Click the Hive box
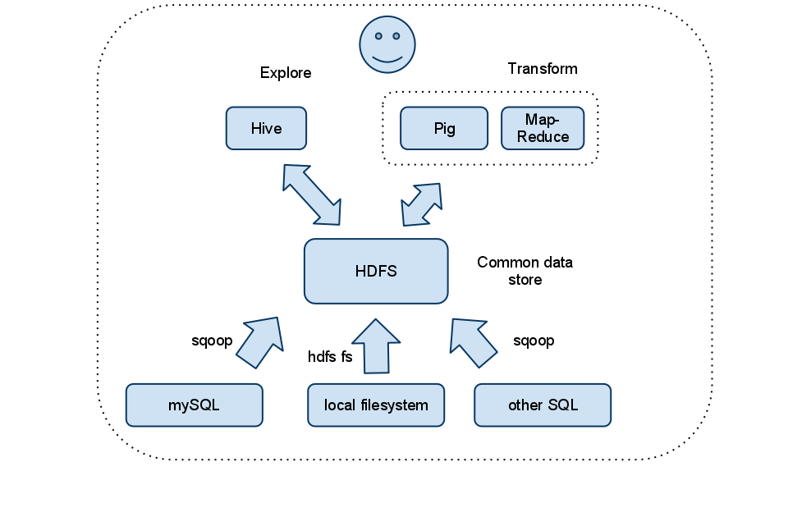[x=266, y=129]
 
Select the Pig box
[x=444, y=129]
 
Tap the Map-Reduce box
[x=543, y=129]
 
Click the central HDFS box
[x=376, y=272]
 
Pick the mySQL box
[x=195, y=405]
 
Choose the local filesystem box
[x=376, y=405]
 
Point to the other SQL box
[x=543, y=405]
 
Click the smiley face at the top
[x=387, y=45]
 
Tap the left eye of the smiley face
[x=377, y=36]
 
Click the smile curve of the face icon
[x=387, y=60]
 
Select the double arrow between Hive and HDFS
[x=312, y=194]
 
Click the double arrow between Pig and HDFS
[x=422, y=204]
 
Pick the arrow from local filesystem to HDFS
[x=376, y=345]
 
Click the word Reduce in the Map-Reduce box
[x=543, y=137]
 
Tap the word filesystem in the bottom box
[x=395, y=405]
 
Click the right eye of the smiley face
[x=397, y=36]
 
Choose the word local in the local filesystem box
[x=340, y=405]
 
